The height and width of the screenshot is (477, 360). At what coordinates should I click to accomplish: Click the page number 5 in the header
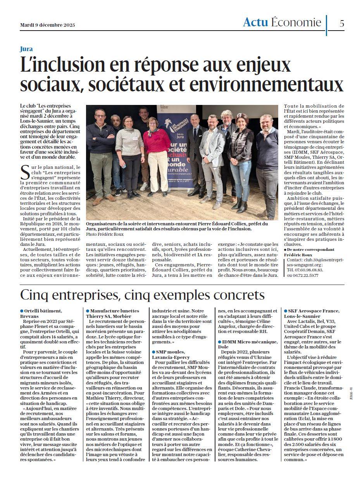coord(341,23)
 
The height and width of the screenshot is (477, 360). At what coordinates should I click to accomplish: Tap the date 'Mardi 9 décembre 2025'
coord(48,25)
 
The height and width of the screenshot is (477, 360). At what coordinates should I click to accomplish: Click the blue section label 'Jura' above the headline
coord(26,49)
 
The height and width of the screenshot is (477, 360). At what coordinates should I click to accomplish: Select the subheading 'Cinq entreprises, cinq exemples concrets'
coord(142,295)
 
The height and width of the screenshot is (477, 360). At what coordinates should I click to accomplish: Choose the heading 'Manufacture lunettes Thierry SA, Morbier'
coord(112,313)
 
